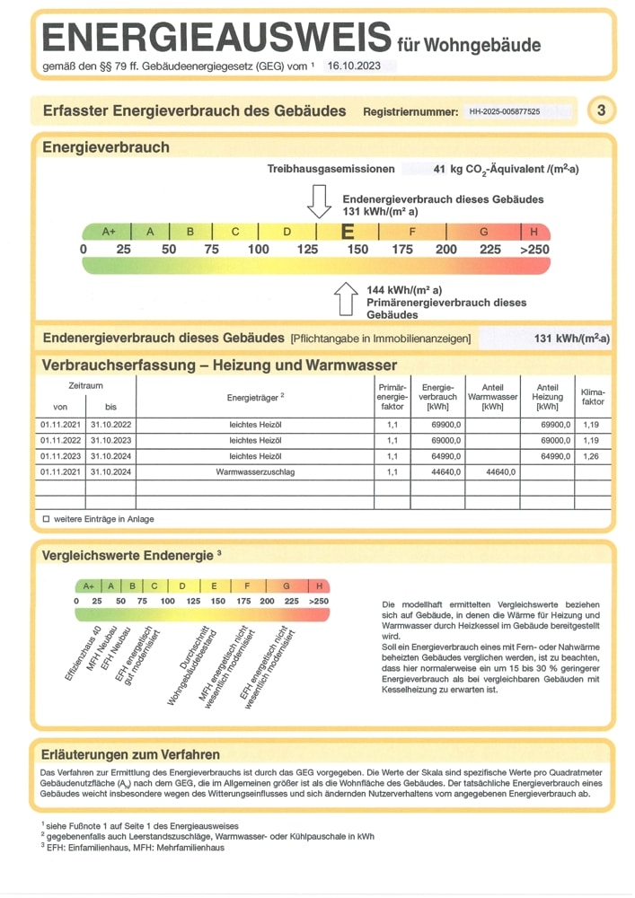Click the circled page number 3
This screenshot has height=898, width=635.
(601, 110)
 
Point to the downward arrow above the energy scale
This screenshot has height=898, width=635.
(319, 200)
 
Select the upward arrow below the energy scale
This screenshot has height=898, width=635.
(346, 299)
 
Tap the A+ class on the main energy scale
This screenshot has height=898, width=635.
(109, 232)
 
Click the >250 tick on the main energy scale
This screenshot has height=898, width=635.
(534, 249)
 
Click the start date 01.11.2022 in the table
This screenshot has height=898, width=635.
(60, 441)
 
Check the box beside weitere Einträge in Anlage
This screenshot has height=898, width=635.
(46, 519)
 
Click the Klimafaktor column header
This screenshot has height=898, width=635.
(593, 397)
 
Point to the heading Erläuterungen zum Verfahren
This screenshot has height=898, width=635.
(130, 754)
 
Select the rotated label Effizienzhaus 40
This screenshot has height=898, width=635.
(83, 656)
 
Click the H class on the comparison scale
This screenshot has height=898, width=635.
(319, 585)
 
